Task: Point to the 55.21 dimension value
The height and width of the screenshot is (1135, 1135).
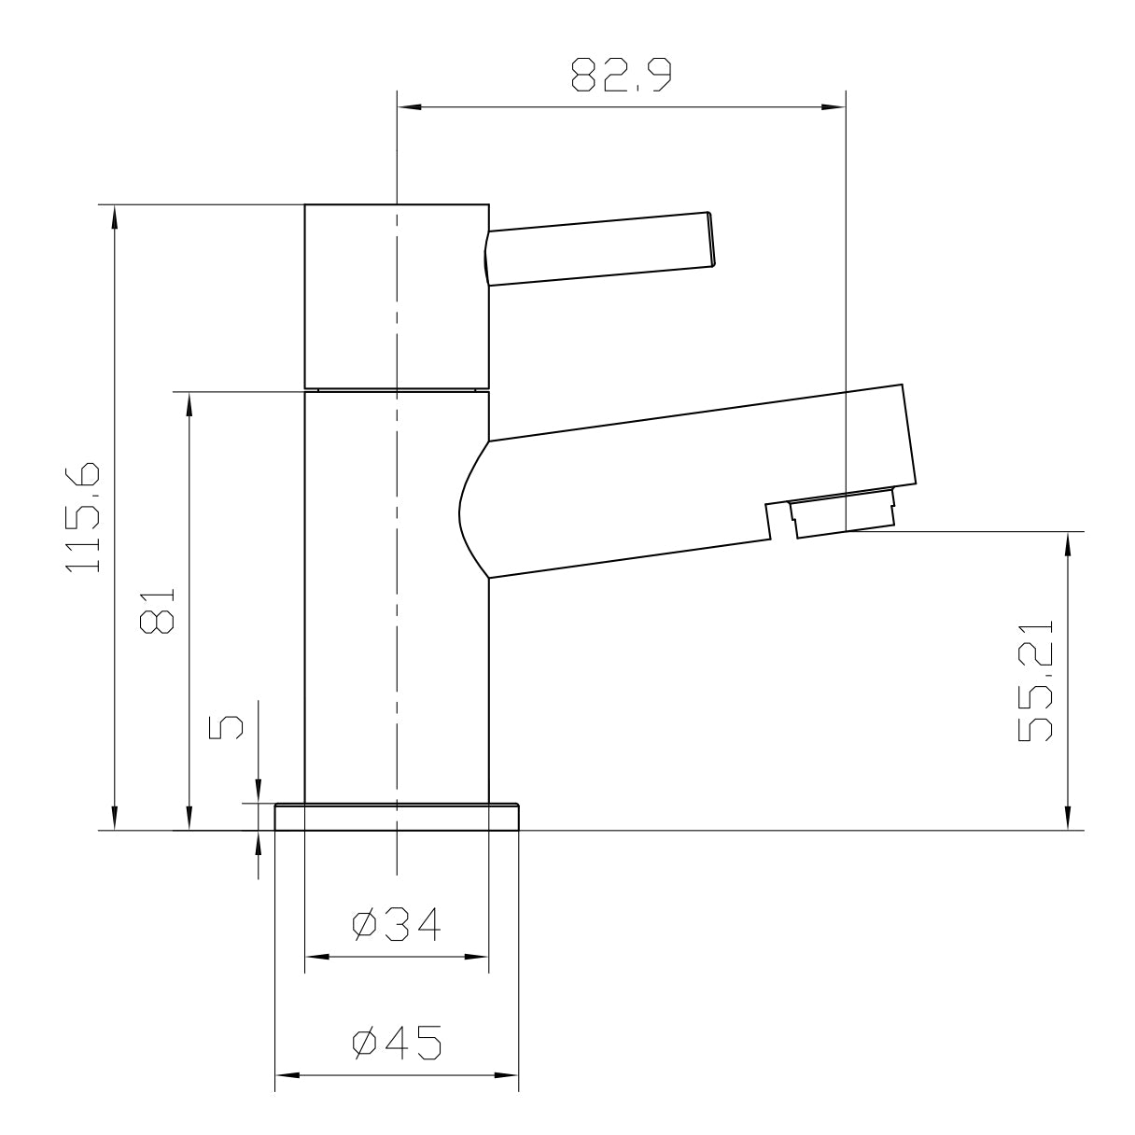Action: (1035, 680)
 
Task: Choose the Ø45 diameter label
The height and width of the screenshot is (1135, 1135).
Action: (397, 1043)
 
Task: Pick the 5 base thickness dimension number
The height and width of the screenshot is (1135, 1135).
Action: (225, 727)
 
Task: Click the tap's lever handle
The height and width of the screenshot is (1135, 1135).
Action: (597, 248)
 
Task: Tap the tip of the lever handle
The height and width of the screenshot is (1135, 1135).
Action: (712, 240)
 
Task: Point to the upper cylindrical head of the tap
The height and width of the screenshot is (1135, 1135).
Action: (397, 294)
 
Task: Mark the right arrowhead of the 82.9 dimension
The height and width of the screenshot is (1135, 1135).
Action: (835, 107)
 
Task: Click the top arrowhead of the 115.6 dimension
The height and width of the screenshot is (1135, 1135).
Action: (114, 215)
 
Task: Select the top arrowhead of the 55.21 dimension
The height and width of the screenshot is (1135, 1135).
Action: (1066, 542)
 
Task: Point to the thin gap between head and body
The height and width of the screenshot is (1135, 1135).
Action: (397, 389)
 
